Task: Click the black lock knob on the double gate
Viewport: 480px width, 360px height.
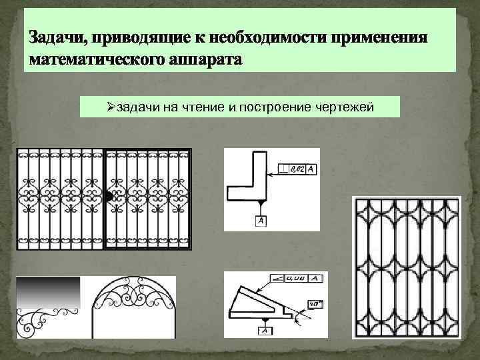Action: (109, 196)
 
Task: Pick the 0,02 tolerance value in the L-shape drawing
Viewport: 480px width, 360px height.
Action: (297, 170)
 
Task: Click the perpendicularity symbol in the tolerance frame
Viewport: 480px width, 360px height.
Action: (285, 170)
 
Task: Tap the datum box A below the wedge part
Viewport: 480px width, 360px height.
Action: (265, 330)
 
